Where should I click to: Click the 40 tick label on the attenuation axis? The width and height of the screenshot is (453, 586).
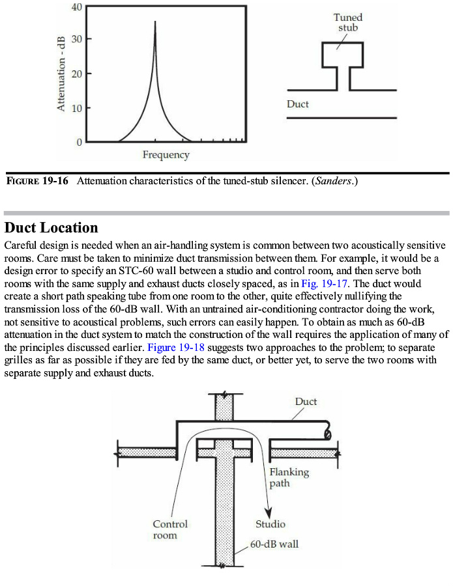tap(77, 7)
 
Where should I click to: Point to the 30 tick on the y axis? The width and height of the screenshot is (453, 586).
tap(77, 39)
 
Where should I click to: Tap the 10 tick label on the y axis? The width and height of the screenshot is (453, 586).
tap(77, 107)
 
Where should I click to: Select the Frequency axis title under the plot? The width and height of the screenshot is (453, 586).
tap(166, 155)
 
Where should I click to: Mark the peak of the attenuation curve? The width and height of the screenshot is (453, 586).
tap(155, 21)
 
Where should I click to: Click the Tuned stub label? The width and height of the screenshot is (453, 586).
tap(347, 23)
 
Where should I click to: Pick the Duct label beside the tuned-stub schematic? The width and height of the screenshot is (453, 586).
tap(298, 104)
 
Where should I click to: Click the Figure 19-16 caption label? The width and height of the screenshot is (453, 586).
tap(37, 181)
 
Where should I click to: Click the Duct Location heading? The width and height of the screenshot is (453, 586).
tap(51, 228)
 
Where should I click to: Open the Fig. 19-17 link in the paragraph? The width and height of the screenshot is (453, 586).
tap(317, 284)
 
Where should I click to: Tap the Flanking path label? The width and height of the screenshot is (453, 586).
tap(289, 477)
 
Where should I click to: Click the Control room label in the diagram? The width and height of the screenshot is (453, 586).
tap(170, 529)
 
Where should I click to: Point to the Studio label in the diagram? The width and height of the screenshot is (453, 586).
tap(270, 523)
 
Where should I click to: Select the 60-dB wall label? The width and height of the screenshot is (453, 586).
tap(274, 544)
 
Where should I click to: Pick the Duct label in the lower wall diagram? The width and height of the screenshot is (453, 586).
tap(306, 402)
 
